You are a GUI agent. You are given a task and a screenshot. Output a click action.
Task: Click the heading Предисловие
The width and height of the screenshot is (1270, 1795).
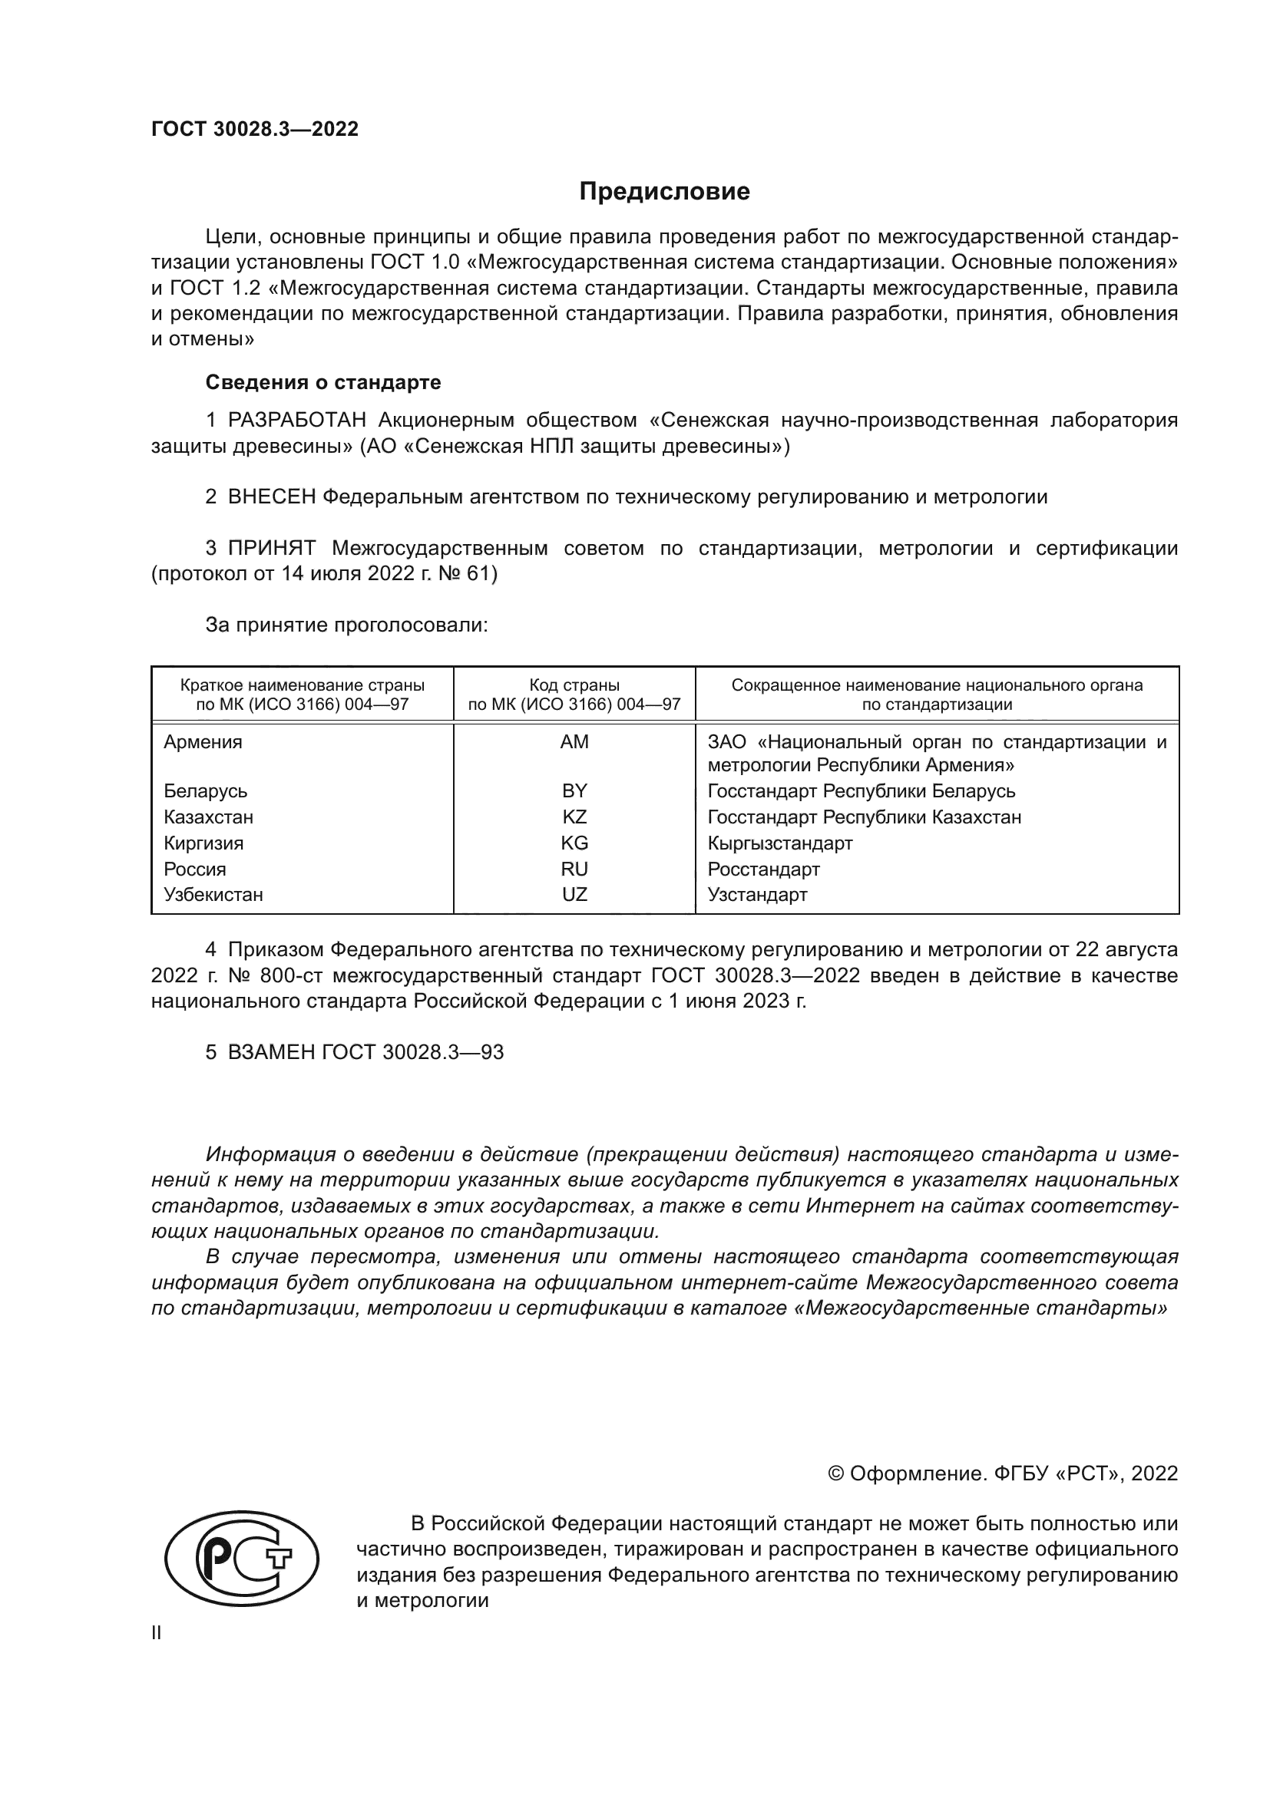coord(664,192)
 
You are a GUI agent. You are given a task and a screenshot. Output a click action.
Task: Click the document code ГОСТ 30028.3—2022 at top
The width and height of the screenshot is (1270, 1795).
coord(255,129)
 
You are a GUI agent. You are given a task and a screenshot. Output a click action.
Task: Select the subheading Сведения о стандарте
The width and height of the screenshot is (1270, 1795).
coord(323,382)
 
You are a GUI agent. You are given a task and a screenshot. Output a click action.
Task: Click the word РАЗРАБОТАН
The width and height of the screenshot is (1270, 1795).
coord(297,421)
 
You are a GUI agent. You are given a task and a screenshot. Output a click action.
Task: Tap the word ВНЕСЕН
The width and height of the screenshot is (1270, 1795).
coord(271,497)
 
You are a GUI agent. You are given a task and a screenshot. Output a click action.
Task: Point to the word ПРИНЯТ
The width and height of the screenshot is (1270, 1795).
coord(271,548)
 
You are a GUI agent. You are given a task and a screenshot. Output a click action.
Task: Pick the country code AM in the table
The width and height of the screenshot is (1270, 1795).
coord(574,742)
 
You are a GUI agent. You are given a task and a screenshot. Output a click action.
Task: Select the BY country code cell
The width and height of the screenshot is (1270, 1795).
coord(574,790)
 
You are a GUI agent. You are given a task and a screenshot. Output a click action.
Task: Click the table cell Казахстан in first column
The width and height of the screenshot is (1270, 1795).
coord(208,817)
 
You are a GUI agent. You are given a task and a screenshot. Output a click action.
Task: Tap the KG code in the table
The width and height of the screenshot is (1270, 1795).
coord(574,843)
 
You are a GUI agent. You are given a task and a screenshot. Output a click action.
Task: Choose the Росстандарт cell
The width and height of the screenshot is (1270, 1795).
coord(763,869)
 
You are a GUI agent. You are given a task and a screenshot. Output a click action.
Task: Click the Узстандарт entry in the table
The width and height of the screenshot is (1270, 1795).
coord(757,894)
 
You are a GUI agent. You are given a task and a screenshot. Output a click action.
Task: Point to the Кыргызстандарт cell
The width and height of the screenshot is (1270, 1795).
coord(779,843)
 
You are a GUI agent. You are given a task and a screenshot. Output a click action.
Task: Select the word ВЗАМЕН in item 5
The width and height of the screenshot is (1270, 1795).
coord(271,1052)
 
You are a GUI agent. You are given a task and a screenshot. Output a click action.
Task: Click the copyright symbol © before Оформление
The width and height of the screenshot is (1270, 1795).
coord(835,1473)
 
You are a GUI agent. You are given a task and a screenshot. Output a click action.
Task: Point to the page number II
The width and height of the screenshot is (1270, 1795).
coord(157,1632)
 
